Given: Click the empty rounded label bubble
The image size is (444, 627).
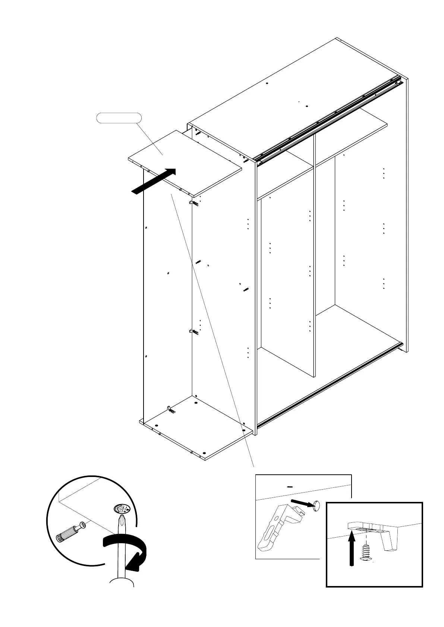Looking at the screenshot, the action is (x=119, y=118).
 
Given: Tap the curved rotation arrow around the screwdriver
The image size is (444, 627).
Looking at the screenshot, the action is (x=127, y=551).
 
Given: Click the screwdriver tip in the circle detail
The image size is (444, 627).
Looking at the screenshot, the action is (x=121, y=521).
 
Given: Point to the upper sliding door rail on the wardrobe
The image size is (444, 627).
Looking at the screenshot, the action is (x=328, y=119).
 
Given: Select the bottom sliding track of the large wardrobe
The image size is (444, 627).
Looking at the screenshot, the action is (x=328, y=383).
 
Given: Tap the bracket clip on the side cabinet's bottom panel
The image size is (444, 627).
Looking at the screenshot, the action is (x=171, y=410).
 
